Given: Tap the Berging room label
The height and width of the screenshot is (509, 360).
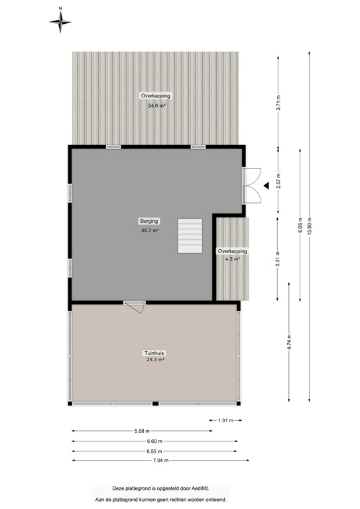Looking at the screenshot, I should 149,221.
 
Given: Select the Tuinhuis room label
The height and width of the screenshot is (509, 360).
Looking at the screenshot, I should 155,353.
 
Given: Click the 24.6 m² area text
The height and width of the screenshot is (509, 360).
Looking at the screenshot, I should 156,105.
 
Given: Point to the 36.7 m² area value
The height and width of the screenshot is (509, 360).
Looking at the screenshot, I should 149,230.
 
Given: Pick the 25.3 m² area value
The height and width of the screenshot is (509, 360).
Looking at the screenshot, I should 155,360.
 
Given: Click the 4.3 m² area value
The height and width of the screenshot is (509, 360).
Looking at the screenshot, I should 233,259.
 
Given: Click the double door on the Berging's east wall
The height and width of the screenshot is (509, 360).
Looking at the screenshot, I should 250,186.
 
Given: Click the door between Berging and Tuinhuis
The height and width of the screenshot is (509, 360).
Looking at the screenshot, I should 135,307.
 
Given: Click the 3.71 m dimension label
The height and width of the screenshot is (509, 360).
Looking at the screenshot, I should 279,103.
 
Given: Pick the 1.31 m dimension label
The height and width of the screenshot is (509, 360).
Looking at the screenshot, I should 225,420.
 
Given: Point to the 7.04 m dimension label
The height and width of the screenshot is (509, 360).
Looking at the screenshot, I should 158,461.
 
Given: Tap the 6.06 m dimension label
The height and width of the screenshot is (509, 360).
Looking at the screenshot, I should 300,227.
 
